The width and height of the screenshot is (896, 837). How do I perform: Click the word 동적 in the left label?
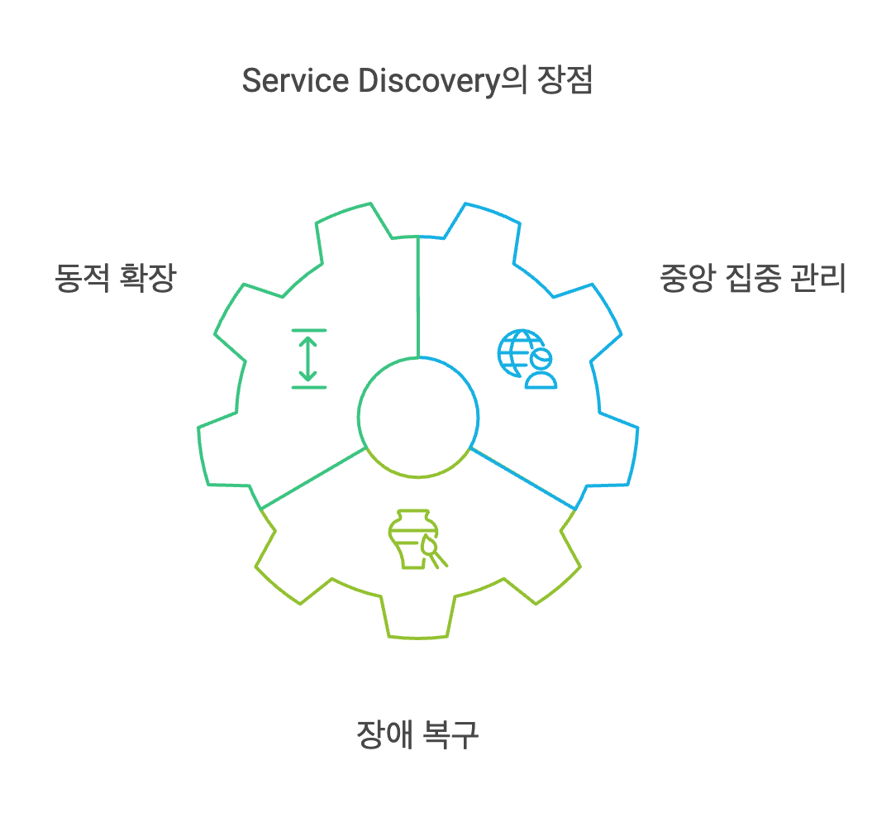[81, 278]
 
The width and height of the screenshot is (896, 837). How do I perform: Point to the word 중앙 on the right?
[685, 279]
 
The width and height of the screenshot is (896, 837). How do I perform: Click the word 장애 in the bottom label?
[384, 734]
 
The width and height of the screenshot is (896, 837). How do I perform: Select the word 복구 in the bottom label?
[451, 734]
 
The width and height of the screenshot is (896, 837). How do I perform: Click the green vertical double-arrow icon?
[308, 358]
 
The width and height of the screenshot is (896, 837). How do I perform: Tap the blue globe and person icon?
[527, 359]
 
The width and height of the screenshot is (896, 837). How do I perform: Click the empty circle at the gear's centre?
[418, 417]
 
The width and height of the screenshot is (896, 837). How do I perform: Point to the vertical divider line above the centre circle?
[418, 298]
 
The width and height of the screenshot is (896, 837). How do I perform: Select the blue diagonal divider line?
[522, 478]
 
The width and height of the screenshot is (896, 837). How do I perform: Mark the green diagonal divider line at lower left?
[312, 478]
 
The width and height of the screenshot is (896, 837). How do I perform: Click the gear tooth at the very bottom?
[418, 620]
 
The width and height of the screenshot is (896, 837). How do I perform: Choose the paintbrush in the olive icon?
[434, 552]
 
